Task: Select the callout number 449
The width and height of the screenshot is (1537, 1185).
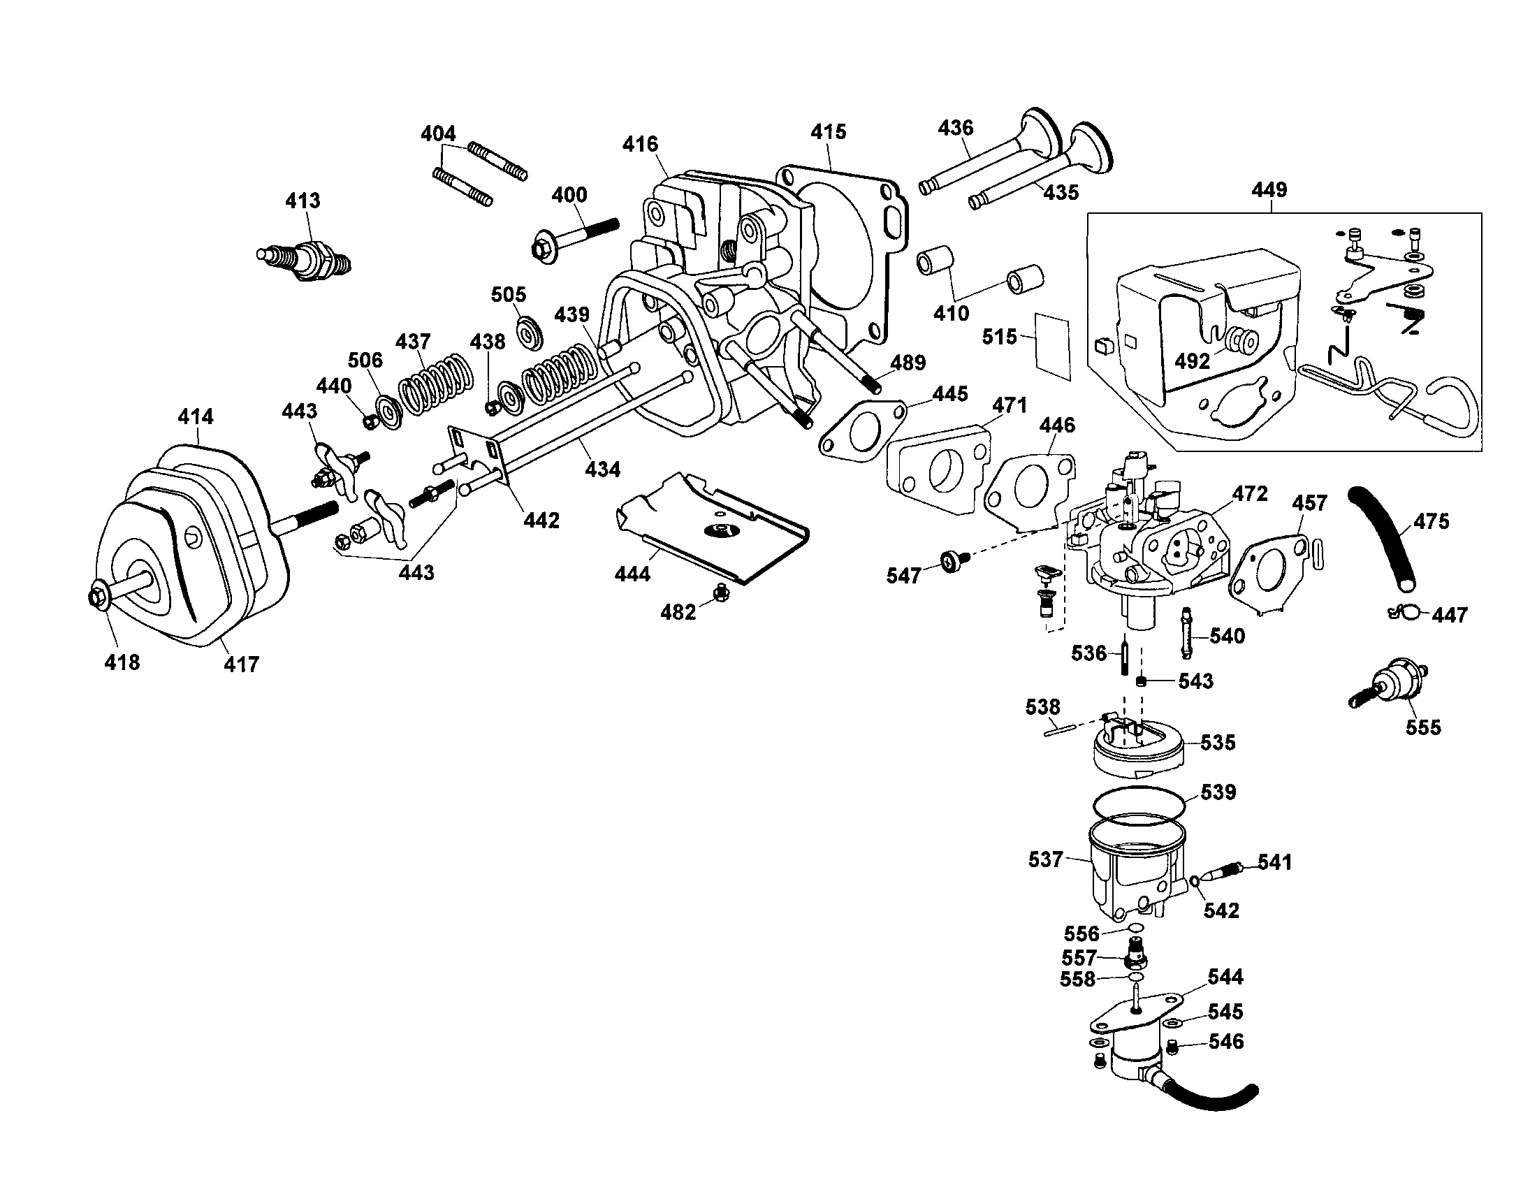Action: [1269, 190]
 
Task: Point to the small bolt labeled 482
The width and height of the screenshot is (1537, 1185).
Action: [719, 593]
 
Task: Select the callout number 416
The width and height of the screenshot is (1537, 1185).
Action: [640, 144]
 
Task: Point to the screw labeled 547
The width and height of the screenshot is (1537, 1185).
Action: [954, 561]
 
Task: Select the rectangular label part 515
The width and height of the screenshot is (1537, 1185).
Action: [1053, 347]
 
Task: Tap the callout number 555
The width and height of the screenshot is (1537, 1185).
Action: [1423, 727]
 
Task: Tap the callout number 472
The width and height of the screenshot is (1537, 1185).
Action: [1250, 493]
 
